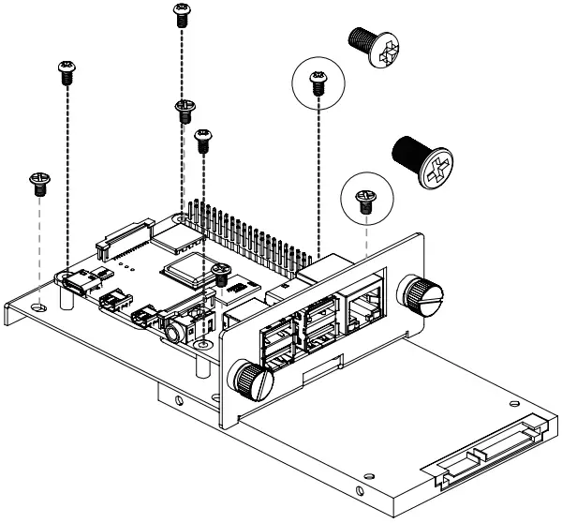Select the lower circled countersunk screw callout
click(x=365, y=196)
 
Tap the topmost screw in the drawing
click(x=181, y=12)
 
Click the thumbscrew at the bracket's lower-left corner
click(x=251, y=380)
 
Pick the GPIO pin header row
click(x=248, y=234)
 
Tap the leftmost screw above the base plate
click(x=39, y=181)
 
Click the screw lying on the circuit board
click(x=221, y=274)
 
